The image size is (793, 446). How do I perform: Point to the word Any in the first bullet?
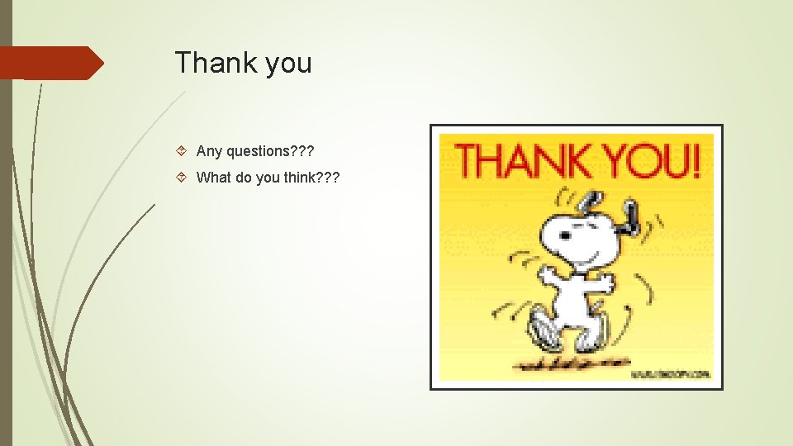click(209, 150)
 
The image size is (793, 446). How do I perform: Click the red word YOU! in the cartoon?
click(648, 161)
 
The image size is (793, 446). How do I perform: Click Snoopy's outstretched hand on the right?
click(608, 283)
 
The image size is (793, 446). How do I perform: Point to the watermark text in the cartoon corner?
click(671, 374)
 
